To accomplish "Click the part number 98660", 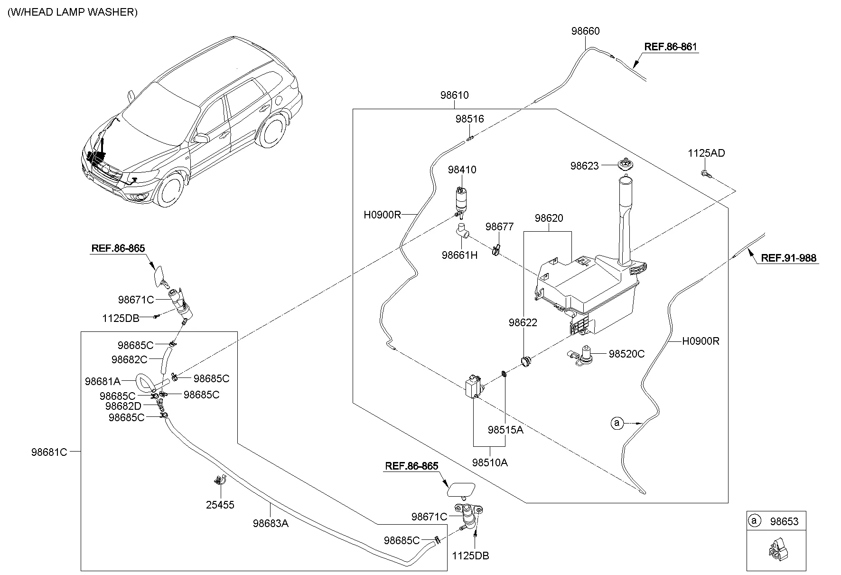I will pos(585,31).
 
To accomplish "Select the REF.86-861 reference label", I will pos(671,47).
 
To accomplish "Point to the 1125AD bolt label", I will pos(706,153).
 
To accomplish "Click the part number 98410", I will pos(462,170).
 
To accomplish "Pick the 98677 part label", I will pos(499,227).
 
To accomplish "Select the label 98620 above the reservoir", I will pos(549,218).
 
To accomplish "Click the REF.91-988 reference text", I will pos(788,258).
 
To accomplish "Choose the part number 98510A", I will pos(490,462).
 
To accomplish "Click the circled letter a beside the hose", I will pos(617,423).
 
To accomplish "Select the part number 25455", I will pos(220,505).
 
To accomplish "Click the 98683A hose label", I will pos(271,523).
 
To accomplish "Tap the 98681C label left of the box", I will pos(49,452).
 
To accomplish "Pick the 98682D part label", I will pos(123,406).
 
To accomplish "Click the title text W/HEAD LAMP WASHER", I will pos(72,12).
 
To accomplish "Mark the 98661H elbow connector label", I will pos(459,255).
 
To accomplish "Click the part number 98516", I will pos(469,119).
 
